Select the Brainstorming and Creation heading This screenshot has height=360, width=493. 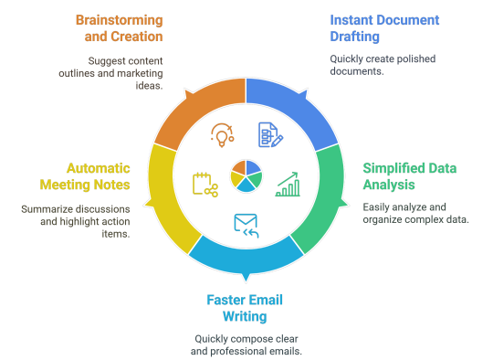(120, 28)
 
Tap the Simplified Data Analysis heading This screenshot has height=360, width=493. (408, 176)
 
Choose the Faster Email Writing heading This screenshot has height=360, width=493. (236, 309)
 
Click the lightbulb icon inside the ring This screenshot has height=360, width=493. (222, 135)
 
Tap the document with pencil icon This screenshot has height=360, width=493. (270, 135)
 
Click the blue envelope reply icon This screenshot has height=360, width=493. (246, 224)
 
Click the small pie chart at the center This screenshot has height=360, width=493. (246, 175)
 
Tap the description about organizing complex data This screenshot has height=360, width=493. (415, 214)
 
